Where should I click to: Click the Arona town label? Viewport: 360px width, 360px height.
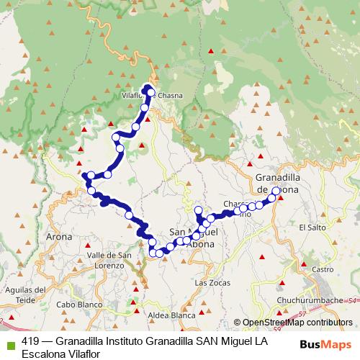[59, 236]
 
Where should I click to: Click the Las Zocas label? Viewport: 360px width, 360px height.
[211, 283]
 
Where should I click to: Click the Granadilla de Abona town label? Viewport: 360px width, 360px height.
[283, 182]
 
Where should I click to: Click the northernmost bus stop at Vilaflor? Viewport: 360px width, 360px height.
[150, 90]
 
